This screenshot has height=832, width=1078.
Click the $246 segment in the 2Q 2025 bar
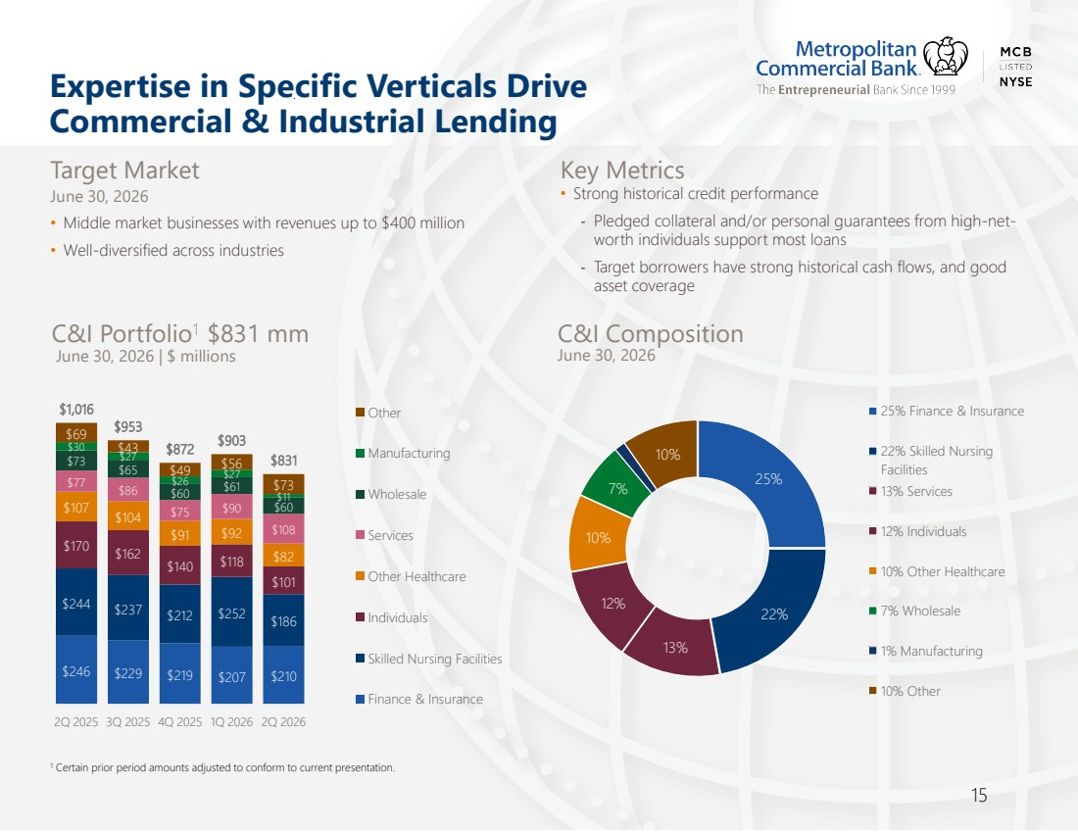76,669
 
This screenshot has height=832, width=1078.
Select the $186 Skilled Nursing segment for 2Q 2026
283,620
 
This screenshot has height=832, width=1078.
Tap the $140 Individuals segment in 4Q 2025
180,565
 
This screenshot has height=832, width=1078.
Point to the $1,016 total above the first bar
76,410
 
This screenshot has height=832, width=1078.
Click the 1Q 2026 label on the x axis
231,722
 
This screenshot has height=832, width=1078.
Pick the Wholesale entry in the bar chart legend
391,494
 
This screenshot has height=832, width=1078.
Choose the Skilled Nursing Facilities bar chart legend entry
429,659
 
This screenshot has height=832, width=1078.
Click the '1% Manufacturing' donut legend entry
925,651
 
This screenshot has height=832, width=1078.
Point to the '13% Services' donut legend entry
911,492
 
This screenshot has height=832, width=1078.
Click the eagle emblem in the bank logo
946,57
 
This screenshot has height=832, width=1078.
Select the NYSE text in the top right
1015,81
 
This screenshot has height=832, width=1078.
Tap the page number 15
979,796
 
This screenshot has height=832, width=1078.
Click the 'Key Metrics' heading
622,170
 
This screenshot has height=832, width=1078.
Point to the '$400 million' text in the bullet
422,222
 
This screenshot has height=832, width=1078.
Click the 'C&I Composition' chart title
651,333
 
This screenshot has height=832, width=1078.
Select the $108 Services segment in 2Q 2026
283,529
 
